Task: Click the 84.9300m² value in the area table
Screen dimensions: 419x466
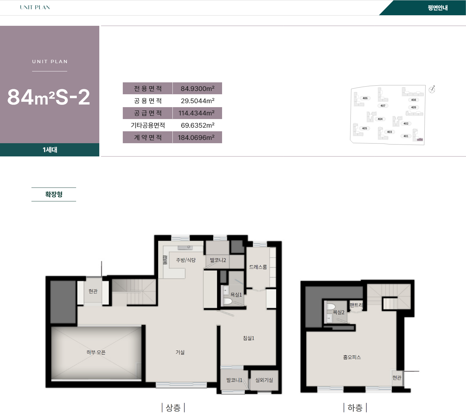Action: pyautogui.click(x=197, y=89)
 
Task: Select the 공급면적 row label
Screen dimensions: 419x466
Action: pyautogui.click(x=148, y=113)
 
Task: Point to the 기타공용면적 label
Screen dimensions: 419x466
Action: pyautogui.click(x=148, y=125)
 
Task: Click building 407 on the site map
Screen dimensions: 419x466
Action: pyautogui.click(x=383, y=106)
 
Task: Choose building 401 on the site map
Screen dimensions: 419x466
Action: pyautogui.click(x=406, y=136)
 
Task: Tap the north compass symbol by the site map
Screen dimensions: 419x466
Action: pyautogui.click(x=432, y=89)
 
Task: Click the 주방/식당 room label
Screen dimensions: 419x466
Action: pyautogui.click(x=186, y=260)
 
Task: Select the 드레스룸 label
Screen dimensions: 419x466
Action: pyautogui.click(x=258, y=267)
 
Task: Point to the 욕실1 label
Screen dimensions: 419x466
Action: pyautogui.click(x=236, y=295)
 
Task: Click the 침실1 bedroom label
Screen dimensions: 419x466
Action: pyautogui.click(x=249, y=338)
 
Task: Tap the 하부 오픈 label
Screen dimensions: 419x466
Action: pyautogui.click(x=96, y=353)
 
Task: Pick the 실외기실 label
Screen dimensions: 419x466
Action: pyautogui.click(x=264, y=380)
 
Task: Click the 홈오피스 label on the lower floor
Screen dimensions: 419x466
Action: pyautogui.click(x=352, y=357)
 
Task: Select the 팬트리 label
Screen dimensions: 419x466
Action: pyautogui.click(x=356, y=305)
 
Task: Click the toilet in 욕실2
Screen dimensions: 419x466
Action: pyautogui.click(x=330, y=306)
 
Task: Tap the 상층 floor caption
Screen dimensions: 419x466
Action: pyautogui.click(x=173, y=408)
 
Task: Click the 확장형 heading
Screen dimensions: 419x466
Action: pyautogui.click(x=54, y=194)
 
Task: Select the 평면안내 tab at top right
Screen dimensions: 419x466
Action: pyautogui.click(x=437, y=8)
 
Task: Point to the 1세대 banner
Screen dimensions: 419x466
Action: pyautogui.click(x=50, y=150)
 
